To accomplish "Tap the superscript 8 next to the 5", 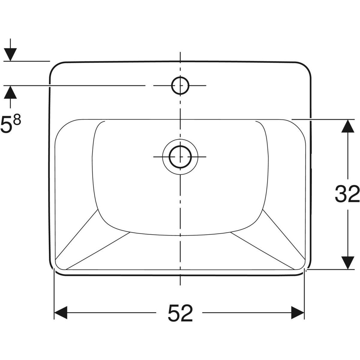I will click(x=17, y=120).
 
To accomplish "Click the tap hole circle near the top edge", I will click(x=180, y=85).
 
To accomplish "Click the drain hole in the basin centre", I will click(x=180, y=157).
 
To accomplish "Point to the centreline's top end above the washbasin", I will click(x=180, y=53).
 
